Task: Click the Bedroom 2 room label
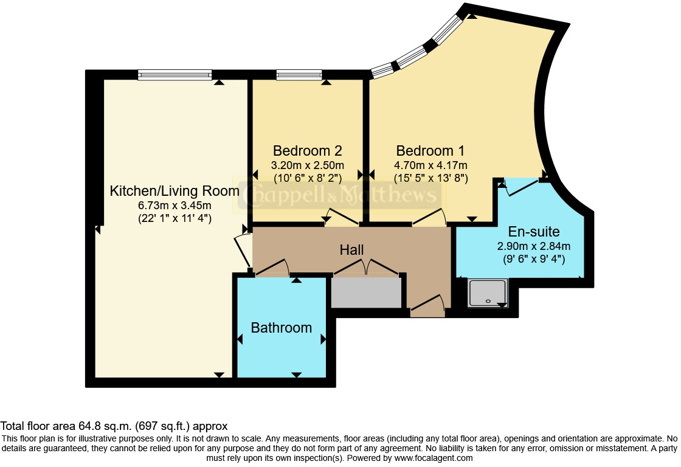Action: pyautogui.click(x=308, y=151)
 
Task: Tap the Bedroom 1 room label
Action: pyautogui.click(x=430, y=151)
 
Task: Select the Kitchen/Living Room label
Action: pyautogui.click(x=175, y=191)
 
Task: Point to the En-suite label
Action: pyautogui.click(x=534, y=231)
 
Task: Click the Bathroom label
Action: pyautogui.click(x=282, y=328)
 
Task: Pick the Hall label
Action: pyautogui.click(x=351, y=250)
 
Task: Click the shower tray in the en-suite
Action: pyautogui.click(x=487, y=293)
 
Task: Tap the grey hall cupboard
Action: pyautogui.click(x=366, y=293)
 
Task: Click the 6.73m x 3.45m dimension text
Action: pyautogui.click(x=175, y=205)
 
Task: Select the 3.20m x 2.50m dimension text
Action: pyautogui.click(x=308, y=165)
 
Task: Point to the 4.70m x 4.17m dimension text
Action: pyautogui.click(x=430, y=165)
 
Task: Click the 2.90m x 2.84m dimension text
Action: pyautogui.click(x=534, y=246)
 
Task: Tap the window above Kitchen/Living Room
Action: pyautogui.click(x=175, y=75)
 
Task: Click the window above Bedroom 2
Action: pyautogui.click(x=299, y=75)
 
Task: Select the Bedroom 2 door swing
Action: pyautogui.click(x=342, y=216)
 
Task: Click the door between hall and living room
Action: pyautogui.click(x=243, y=251)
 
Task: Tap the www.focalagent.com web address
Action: pyautogui.click(x=434, y=458)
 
